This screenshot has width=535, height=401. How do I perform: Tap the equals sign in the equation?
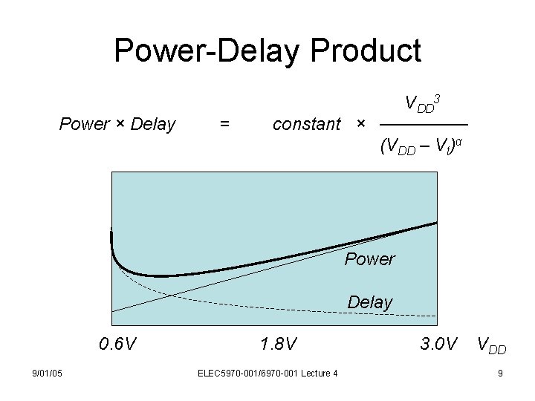click(224, 124)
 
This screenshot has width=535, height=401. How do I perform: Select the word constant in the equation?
click(307, 124)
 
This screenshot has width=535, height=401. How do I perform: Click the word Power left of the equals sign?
click(83, 124)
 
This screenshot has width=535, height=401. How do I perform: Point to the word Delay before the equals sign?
click(152, 124)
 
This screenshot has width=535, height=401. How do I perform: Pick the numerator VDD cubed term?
click(424, 102)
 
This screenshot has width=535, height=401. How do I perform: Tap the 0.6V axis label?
click(117, 344)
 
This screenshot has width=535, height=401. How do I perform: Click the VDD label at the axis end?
click(492, 345)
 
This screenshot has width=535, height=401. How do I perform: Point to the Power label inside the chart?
click(369, 259)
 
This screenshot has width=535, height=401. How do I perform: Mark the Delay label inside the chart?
click(369, 302)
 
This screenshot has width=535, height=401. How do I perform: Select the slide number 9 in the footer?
click(500, 373)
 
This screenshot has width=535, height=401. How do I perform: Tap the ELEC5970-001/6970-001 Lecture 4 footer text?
click(268, 373)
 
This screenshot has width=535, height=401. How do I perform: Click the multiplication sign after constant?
click(361, 124)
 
